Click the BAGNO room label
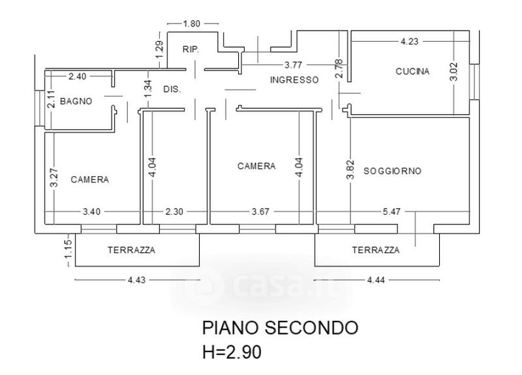[76, 101]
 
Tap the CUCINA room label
[412, 72]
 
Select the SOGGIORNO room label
[392, 171]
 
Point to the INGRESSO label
[294, 80]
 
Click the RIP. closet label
[191, 50]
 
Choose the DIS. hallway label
[172, 89]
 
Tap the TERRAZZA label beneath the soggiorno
[375, 250]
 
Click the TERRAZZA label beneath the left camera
[131, 250]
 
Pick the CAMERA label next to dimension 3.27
[89, 179]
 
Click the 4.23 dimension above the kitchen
[409, 41]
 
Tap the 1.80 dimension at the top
[191, 23]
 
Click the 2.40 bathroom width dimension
[77, 76]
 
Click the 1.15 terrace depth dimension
[67, 251]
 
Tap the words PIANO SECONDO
[280, 327]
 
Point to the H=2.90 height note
[232, 353]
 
